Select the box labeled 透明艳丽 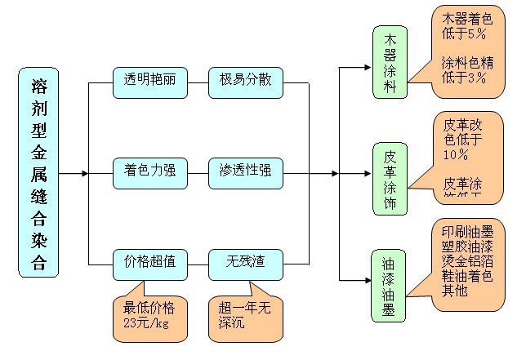pyautogui.click(x=149, y=82)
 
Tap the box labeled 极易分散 pyautogui.click(x=246, y=82)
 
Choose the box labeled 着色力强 pyautogui.click(x=149, y=171)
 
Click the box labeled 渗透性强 pyautogui.click(x=246, y=171)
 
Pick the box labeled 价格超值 pyautogui.click(x=149, y=263)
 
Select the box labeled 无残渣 pyautogui.click(x=246, y=263)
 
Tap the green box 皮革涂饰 pyautogui.click(x=390, y=176)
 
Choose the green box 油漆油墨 pyautogui.click(x=390, y=282)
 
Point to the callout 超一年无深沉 pyautogui.click(x=246, y=316)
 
